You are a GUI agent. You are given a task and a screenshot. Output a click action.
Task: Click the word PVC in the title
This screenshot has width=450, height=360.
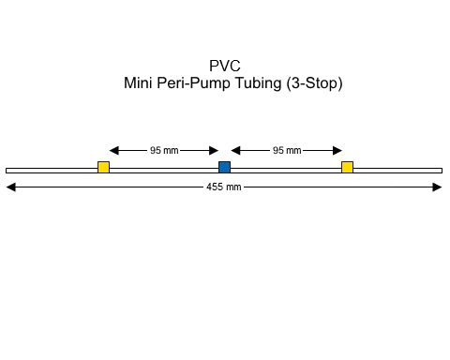pyautogui.click(x=224, y=66)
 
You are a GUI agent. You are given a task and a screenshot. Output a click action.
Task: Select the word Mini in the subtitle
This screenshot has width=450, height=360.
pyautogui.click(x=140, y=82)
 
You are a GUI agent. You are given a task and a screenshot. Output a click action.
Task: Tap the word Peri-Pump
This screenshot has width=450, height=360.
pyautogui.click(x=197, y=82)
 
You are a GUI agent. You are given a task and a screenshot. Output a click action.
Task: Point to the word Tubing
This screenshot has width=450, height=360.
pyautogui.click(x=262, y=82)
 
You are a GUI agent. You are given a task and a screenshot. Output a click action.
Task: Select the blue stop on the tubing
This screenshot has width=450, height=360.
pyautogui.click(x=224, y=168)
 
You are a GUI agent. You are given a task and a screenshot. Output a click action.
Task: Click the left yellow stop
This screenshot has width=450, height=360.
pyautogui.click(x=103, y=168)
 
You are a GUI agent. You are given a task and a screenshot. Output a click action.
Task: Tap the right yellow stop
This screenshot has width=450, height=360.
pyautogui.click(x=347, y=168)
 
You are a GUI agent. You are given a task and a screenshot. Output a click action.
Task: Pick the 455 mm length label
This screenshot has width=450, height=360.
pyautogui.click(x=224, y=187)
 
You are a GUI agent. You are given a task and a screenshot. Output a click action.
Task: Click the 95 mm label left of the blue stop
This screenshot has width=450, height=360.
pyautogui.click(x=164, y=150)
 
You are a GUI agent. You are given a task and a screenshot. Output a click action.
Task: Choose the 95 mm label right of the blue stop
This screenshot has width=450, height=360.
pyautogui.click(x=286, y=150)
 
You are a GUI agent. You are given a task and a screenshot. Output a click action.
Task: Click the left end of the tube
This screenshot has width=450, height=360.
pyautogui.click(x=7, y=170)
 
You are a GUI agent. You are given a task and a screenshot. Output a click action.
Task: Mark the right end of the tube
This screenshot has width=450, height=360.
pyautogui.click(x=440, y=170)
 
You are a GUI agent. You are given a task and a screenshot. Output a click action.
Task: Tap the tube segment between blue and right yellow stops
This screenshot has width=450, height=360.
pyautogui.click(x=286, y=170)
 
